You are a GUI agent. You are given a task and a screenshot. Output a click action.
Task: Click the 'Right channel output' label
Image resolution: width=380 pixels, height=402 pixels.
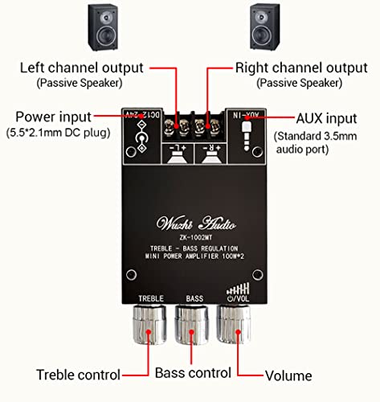[x=290, y=67]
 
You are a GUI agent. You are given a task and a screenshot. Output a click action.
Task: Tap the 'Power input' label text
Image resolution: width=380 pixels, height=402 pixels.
[x=52, y=116]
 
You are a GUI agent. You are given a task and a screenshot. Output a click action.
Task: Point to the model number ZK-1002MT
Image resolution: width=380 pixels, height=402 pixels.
[x=190, y=239]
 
